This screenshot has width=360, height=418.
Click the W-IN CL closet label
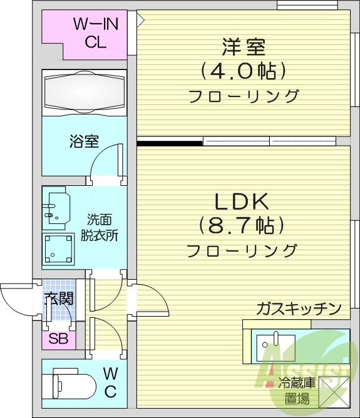coord(95,34)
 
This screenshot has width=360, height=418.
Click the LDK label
coord(242,201)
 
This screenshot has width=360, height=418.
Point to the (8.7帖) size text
coord(242,224)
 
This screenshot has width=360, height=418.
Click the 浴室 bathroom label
coord(84,141)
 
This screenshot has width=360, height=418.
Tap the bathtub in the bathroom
coord(84,93)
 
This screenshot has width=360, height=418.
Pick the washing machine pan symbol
coord(58,249)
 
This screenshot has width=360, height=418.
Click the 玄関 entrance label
coord(58,298)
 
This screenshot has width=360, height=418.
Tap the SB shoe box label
coord(58,340)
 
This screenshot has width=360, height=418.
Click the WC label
coord(110,383)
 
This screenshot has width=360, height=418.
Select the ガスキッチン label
coord(298,308)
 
